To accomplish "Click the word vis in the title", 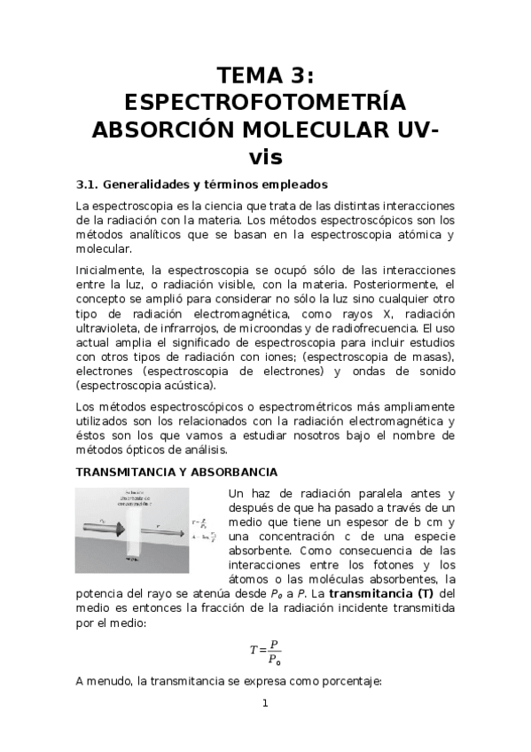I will (x=265, y=157).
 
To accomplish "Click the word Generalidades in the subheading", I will (x=143, y=185).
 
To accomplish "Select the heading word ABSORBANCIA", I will (x=235, y=472).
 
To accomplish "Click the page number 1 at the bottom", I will (x=264, y=703).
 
